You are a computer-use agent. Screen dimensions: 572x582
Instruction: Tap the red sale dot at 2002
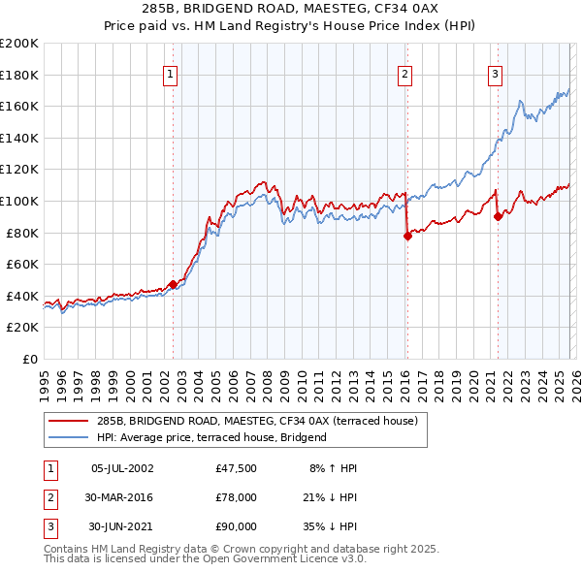(x=173, y=284)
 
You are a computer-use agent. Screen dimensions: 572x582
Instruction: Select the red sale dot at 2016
(x=407, y=236)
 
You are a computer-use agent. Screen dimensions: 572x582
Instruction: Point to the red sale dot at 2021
(x=498, y=216)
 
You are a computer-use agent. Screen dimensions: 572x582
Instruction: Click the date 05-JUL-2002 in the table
(x=121, y=468)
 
